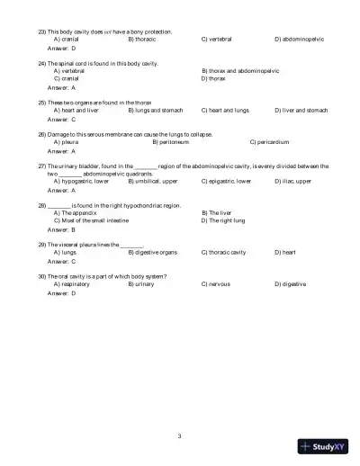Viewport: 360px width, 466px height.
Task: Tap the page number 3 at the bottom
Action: click(x=180, y=435)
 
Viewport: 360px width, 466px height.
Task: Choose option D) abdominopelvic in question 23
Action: click(x=299, y=40)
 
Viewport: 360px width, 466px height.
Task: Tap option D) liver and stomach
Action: click(x=301, y=110)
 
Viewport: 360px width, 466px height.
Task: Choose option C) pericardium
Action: click(x=269, y=142)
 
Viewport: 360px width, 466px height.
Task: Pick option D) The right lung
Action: click(x=229, y=220)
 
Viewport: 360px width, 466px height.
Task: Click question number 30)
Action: click(x=42, y=276)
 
